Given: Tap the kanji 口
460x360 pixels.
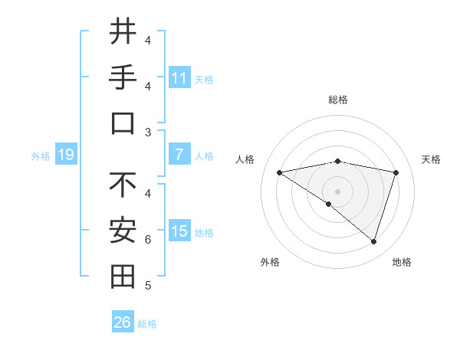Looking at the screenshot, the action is pyautogui.click(x=123, y=123).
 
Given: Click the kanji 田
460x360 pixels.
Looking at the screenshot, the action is pyautogui.click(x=123, y=277).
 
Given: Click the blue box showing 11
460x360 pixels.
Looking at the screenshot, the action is pyautogui.click(x=179, y=78).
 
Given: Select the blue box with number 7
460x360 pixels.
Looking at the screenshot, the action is pyautogui.click(x=179, y=155).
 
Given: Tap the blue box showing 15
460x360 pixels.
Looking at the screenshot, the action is pyautogui.click(x=179, y=231).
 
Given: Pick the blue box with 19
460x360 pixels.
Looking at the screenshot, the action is pyautogui.click(x=65, y=155).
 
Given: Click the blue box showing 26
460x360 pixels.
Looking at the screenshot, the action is pyautogui.click(x=123, y=322).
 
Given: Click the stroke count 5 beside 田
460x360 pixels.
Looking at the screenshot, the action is pyautogui.click(x=148, y=286).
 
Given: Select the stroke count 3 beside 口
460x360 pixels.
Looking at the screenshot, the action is pyautogui.click(x=148, y=132).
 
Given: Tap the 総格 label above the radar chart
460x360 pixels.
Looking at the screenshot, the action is pyautogui.click(x=337, y=100).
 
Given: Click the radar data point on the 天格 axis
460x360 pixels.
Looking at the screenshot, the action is pyautogui.click(x=396, y=172).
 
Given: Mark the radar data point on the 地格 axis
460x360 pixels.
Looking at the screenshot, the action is pyautogui.click(x=374, y=241).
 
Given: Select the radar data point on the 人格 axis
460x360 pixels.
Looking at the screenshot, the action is pyautogui.click(x=279, y=172).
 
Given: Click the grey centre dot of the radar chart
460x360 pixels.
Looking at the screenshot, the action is pyautogui.click(x=337, y=191).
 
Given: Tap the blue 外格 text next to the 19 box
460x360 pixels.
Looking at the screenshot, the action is pyautogui.click(x=41, y=156).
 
